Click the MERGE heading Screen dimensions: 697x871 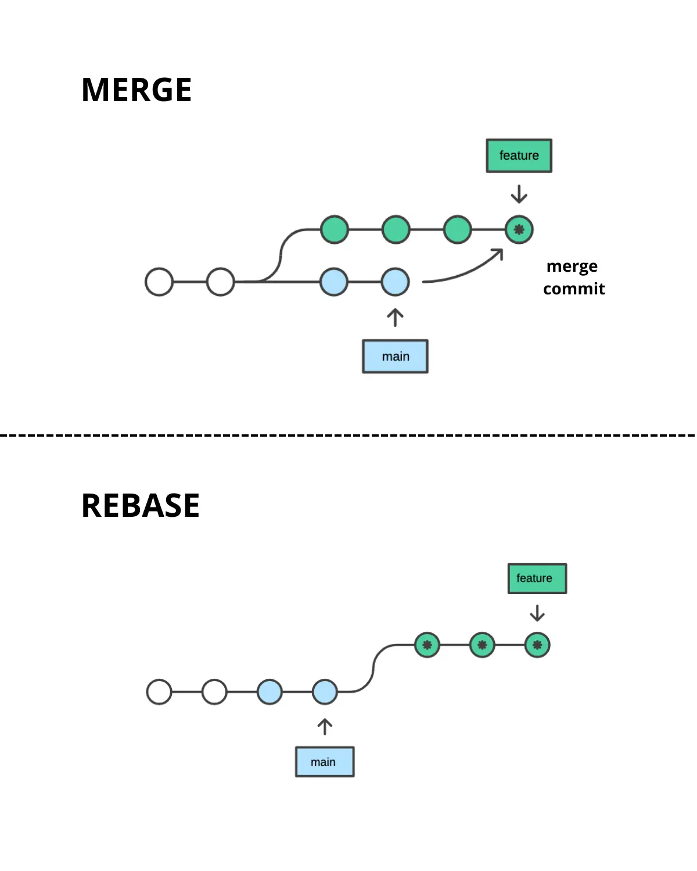point(136,89)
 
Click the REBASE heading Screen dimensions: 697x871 point(141,506)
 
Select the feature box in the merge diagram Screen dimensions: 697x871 point(519,156)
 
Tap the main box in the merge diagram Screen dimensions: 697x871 point(396,357)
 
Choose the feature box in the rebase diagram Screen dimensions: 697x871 point(537,578)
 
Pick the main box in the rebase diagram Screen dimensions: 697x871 point(325,762)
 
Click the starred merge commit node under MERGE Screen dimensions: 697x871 point(519,229)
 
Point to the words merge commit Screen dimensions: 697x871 point(574,277)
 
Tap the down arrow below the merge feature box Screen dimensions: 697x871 point(519,194)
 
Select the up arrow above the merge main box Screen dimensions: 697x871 point(396,318)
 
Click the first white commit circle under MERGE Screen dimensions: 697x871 point(159,282)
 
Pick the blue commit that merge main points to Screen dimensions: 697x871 point(396,282)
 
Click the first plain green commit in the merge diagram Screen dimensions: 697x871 point(335,229)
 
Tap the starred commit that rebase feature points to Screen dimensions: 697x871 point(537,645)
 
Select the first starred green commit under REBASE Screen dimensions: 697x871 point(427,645)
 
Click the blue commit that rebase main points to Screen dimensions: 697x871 point(325,692)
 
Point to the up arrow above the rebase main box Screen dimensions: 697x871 point(325,726)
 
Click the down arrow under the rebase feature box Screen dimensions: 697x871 point(537,613)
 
